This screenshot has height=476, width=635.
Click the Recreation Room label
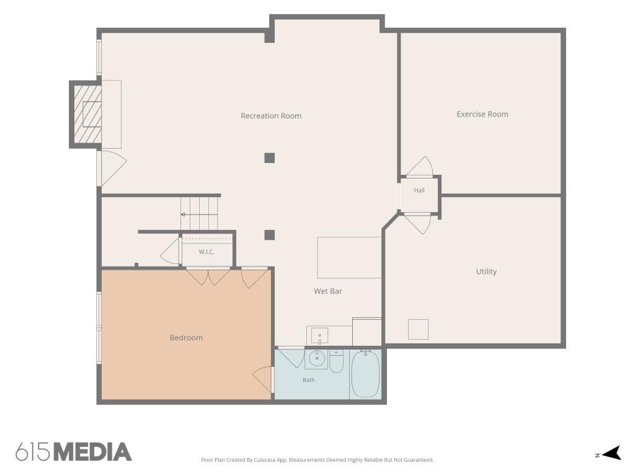(271, 116)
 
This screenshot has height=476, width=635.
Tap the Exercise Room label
(482, 114)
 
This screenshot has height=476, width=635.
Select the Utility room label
(486, 271)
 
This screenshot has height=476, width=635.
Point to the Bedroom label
(186, 338)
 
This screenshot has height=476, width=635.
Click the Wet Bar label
(327, 291)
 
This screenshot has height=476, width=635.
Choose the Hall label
(419, 190)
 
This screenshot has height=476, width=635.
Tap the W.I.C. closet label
(206, 252)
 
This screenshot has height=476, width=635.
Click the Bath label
(309, 380)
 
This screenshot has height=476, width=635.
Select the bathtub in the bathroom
(365, 374)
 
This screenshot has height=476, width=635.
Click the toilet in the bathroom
(336, 361)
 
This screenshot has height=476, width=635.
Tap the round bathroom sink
(317, 358)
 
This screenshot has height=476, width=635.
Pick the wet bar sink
(319, 336)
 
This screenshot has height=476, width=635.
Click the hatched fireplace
(87, 114)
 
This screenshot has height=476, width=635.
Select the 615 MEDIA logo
(74, 452)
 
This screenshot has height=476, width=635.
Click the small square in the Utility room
(418, 329)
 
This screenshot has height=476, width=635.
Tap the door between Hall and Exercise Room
(420, 167)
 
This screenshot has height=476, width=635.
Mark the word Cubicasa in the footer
(265, 460)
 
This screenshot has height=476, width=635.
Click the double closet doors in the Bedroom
(208, 277)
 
